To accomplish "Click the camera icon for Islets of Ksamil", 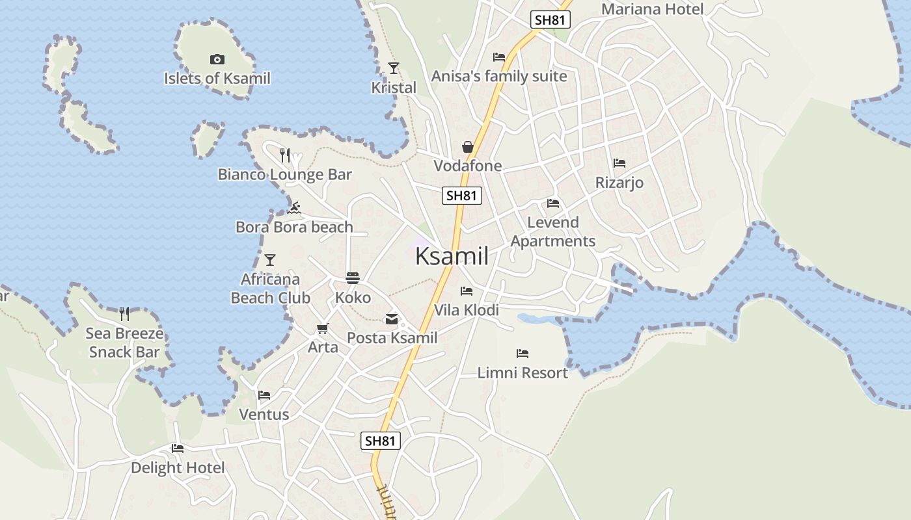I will (x=217, y=60).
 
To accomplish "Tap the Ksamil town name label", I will (x=452, y=256).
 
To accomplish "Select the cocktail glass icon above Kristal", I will (x=393, y=68).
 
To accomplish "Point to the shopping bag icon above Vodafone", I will (x=468, y=147).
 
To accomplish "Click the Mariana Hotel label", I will (x=652, y=9).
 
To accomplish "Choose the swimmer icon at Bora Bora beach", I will (x=294, y=208).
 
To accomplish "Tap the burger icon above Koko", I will (x=353, y=278).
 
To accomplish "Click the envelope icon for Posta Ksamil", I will (x=392, y=318).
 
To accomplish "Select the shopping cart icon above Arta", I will (x=323, y=328).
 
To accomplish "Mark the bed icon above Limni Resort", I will (x=523, y=354).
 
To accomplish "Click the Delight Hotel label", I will (x=178, y=468).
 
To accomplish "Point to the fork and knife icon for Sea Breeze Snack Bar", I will (x=124, y=314).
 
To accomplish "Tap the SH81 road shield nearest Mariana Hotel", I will (x=550, y=19).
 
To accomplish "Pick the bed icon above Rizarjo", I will (x=619, y=163).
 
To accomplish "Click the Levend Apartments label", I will (x=553, y=232).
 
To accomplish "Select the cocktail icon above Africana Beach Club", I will (x=270, y=260).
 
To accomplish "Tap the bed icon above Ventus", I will (x=264, y=395).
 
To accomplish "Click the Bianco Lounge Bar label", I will (x=284, y=174).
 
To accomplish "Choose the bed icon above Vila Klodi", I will (x=467, y=291).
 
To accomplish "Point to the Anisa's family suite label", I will (x=499, y=76).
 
